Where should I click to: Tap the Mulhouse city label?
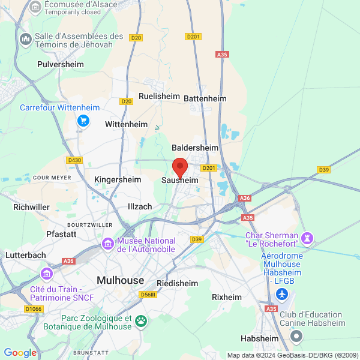coord(121,280)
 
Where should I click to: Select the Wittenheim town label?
coord(126,124)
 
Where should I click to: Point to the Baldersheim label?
coord(195,147)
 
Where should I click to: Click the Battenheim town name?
coord(205,98)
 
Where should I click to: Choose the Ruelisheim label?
coord(159,96)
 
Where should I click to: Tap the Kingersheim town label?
coord(118,179)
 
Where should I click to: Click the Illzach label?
coord(140,206)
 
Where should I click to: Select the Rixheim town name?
coord(227,297)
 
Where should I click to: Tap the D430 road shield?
coord(74,160)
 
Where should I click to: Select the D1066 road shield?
coord(34,309)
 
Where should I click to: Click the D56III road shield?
coord(147,294)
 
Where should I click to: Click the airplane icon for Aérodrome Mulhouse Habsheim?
coord(281,295)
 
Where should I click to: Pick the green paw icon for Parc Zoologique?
coord(140,320)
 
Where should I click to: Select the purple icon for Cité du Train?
coord(46,274)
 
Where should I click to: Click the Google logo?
coord(20,353)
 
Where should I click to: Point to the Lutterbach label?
coord(25,254)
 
